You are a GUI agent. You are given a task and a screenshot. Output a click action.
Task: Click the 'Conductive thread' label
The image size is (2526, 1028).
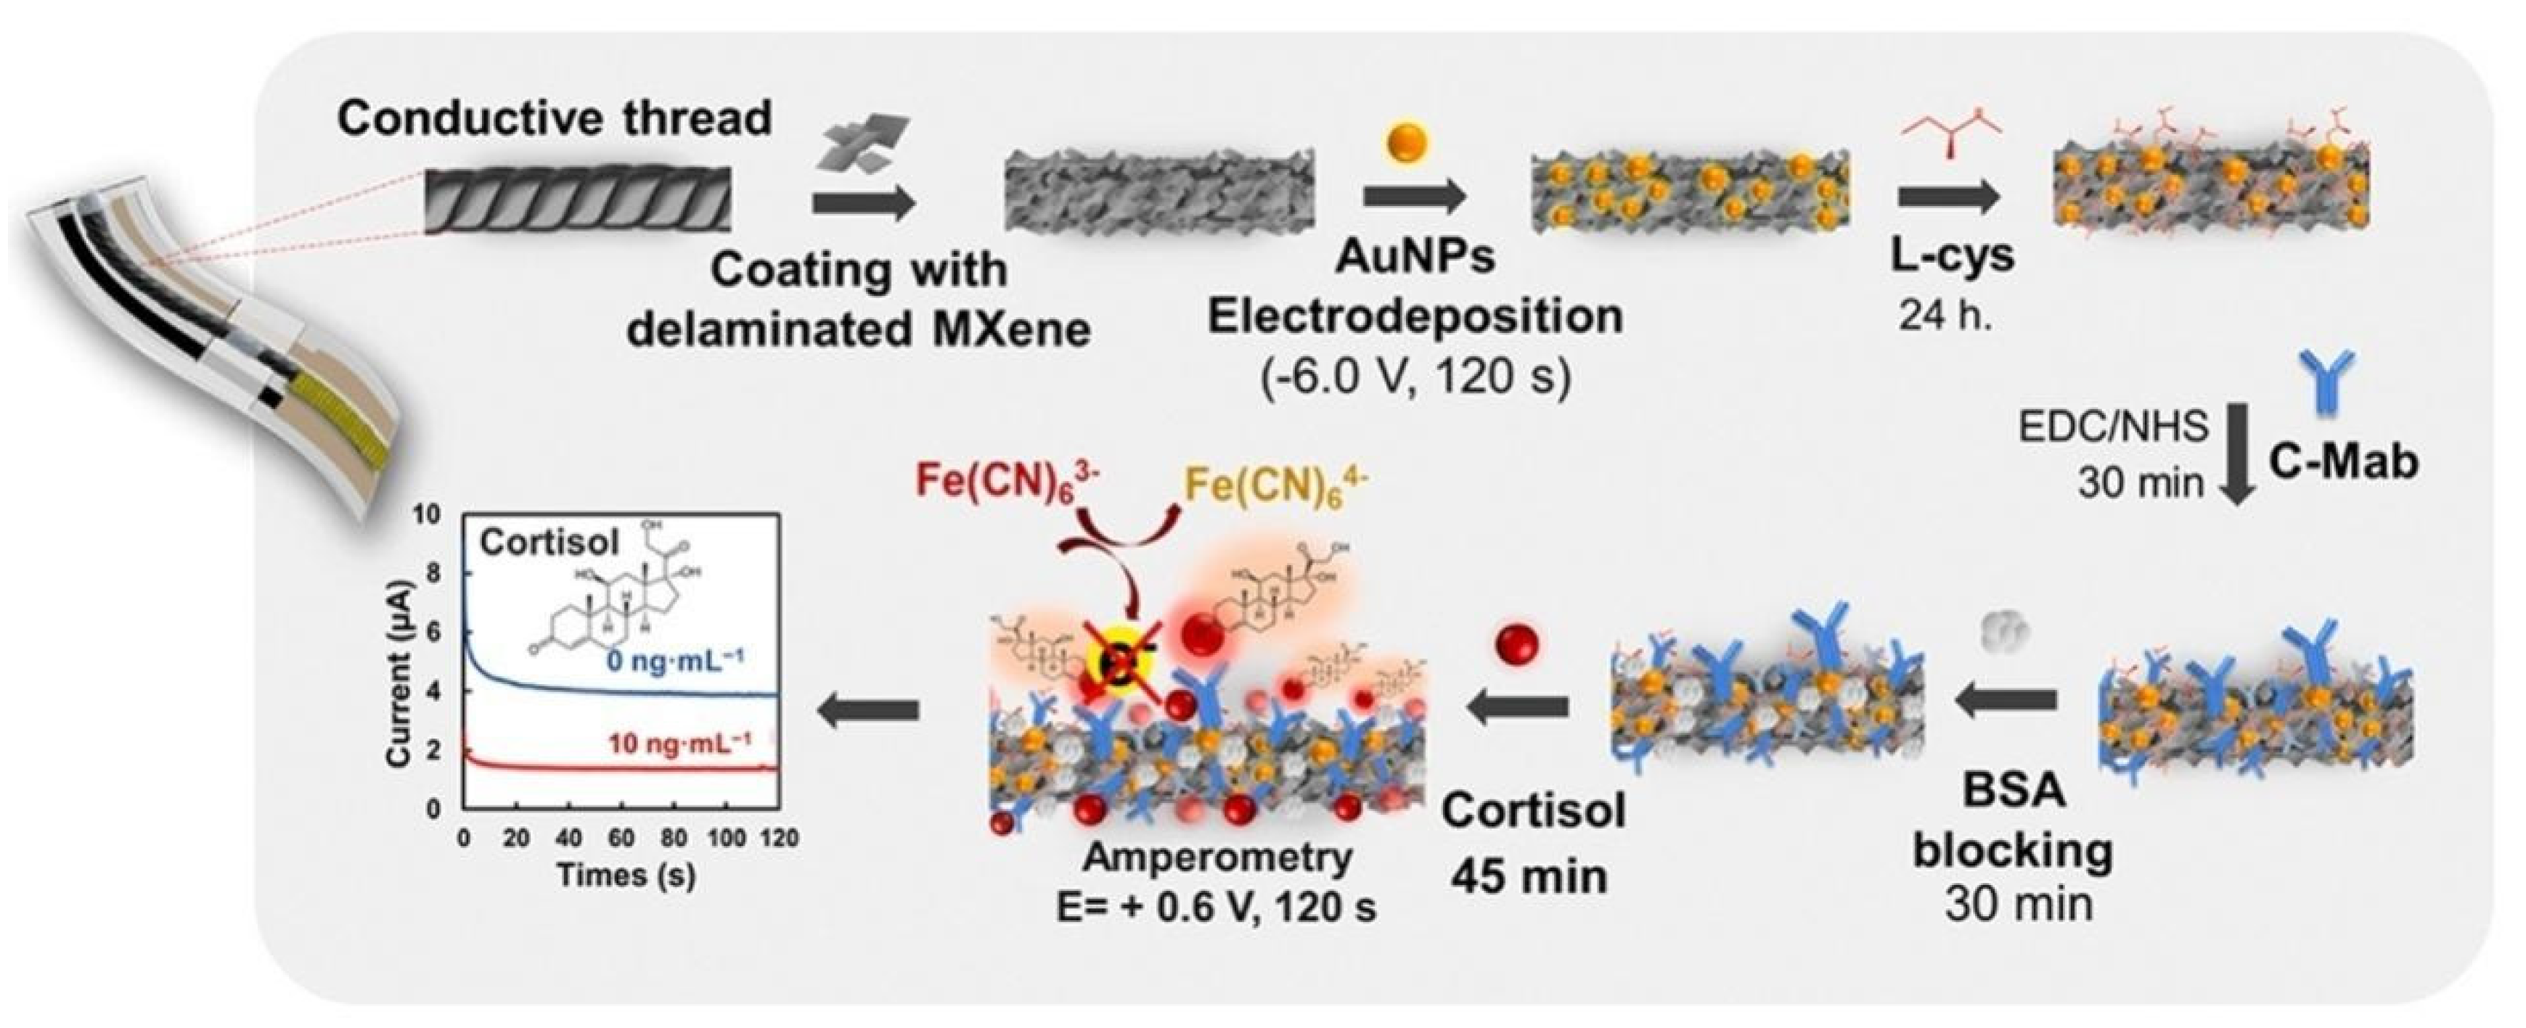pos(554,118)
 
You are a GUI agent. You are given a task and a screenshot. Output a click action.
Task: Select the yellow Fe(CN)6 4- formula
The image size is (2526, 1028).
pos(1275,483)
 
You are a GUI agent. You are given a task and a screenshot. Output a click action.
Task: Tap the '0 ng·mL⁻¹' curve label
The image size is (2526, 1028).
pos(674,662)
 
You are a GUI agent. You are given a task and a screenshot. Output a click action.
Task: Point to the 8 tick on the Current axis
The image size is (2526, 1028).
pos(433,573)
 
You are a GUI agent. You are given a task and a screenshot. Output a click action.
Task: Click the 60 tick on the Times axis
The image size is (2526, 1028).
pos(621,839)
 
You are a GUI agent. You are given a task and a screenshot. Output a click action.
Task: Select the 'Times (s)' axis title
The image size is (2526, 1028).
pos(626,874)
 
